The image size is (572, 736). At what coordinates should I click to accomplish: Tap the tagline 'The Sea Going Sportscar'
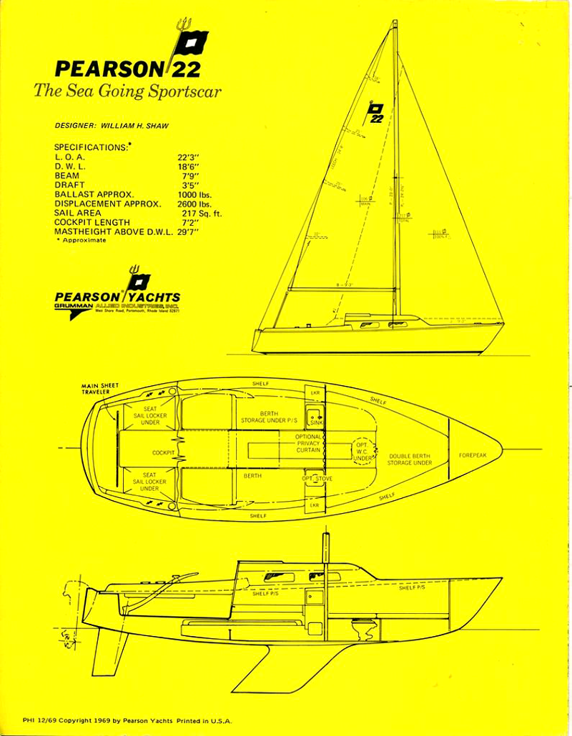tap(127, 91)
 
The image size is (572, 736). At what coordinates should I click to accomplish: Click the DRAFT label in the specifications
tap(69, 185)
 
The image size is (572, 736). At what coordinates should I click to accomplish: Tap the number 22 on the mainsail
tap(377, 119)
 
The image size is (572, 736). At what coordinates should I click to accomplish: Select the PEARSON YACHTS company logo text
tap(117, 297)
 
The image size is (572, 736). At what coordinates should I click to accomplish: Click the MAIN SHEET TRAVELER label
tap(100, 389)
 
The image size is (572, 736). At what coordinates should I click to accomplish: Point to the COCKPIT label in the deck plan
tap(164, 453)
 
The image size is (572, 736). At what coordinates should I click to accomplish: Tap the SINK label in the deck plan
tap(317, 423)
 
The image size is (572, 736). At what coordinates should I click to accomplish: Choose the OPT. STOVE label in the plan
tap(317, 478)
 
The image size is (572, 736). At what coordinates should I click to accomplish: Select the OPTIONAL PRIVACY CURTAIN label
tap(309, 444)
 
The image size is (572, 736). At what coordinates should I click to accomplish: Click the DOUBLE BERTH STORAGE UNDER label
tap(410, 459)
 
